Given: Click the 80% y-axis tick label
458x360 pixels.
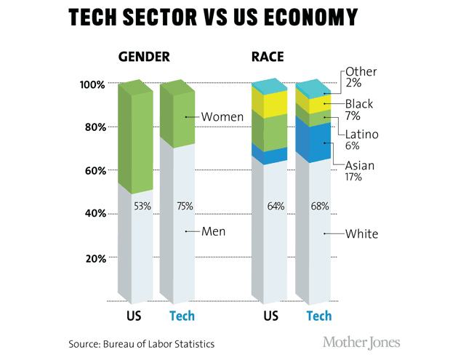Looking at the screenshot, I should (94, 128).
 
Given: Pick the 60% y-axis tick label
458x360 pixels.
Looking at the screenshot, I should (94, 171).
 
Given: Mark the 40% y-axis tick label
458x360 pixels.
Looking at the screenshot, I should (94, 215).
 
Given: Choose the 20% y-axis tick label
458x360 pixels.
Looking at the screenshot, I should (94, 258).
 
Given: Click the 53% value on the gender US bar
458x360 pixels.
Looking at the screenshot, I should (142, 206).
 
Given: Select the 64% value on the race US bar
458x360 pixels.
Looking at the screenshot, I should (276, 206).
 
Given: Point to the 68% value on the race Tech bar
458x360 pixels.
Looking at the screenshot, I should (319, 206).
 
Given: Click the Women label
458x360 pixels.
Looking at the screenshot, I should (222, 116).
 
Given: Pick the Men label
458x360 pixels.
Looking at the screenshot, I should (214, 232).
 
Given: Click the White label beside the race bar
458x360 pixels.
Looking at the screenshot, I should (361, 233).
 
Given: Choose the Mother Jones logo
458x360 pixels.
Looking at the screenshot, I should (361, 343).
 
